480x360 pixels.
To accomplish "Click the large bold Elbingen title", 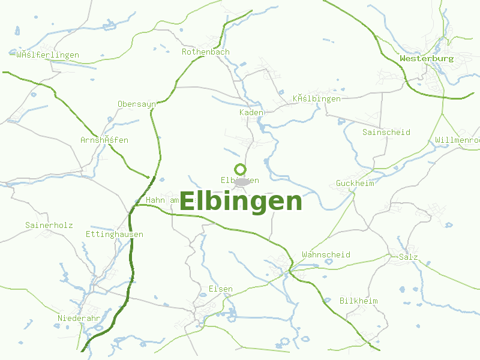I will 241,202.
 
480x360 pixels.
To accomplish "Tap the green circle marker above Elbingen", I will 240,169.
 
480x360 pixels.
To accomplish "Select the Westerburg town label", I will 427,59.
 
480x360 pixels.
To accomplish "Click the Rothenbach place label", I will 206,52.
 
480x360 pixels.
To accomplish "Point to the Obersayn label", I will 137,104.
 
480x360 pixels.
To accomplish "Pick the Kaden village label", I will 251,113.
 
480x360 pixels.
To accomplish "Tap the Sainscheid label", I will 386,132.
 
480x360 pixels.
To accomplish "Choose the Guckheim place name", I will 355,183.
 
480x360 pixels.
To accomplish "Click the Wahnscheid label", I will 326,254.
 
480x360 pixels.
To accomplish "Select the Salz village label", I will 408,257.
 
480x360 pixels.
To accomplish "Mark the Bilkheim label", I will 358,300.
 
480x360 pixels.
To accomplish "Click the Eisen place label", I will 220,289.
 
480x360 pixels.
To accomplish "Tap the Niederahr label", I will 79,317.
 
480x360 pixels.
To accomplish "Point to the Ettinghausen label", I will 115,235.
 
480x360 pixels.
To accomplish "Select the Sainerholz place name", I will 49,226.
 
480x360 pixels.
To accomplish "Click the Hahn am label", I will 163,200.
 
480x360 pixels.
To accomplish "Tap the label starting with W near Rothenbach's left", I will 48,55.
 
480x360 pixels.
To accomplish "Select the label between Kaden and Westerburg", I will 317,98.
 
